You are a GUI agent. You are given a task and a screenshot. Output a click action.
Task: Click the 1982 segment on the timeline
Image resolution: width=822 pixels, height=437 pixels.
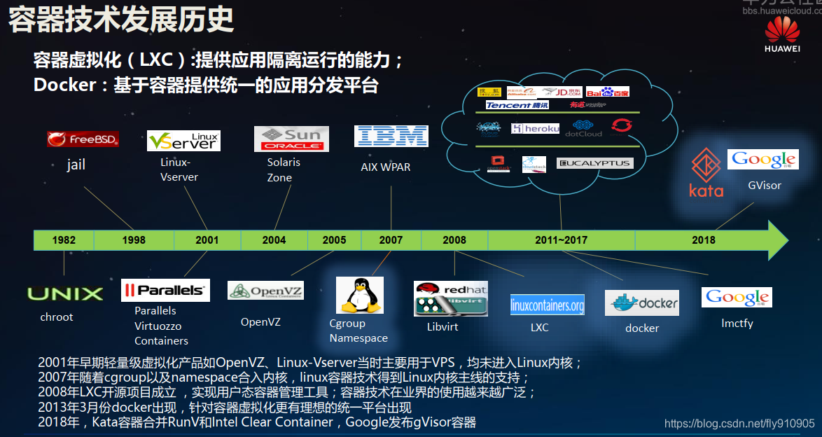pyautogui.click(x=64, y=240)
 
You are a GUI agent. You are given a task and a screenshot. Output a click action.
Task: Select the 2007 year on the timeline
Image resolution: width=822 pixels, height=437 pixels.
pyautogui.click(x=391, y=240)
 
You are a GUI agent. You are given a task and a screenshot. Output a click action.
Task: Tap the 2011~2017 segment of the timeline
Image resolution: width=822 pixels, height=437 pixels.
pyautogui.click(x=561, y=240)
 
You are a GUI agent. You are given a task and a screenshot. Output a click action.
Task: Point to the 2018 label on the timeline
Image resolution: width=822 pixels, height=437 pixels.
pyautogui.click(x=704, y=240)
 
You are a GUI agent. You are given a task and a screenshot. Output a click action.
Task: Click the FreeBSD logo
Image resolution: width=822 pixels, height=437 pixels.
pyautogui.click(x=83, y=139)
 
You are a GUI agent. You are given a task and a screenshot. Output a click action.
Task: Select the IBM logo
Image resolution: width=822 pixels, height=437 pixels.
pyautogui.click(x=391, y=136)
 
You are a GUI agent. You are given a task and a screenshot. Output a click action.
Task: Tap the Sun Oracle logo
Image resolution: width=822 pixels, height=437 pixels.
pyautogui.click(x=291, y=139)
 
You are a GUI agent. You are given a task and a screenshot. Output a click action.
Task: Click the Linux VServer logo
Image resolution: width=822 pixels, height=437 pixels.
pyautogui.click(x=183, y=141)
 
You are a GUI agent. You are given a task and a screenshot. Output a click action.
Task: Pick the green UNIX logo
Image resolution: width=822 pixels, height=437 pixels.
pyautogui.click(x=65, y=293)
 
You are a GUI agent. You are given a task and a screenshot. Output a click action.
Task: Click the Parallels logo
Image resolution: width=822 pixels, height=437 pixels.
pyautogui.click(x=165, y=290)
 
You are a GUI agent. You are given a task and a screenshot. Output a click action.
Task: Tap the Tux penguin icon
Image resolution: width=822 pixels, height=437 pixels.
pyautogui.click(x=360, y=295)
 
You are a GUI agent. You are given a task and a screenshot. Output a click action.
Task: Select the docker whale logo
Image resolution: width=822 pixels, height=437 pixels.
pyautogui.click(x=642, y=303)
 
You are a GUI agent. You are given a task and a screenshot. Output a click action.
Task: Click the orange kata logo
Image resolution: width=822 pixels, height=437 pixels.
pyautogui.click(x=706, y=172)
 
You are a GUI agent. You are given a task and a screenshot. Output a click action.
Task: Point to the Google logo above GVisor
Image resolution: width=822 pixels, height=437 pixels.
pyautogui.click(x=762, y=160)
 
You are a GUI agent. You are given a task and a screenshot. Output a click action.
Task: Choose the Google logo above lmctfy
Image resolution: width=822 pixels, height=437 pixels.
pyautogui.click(x=737, y=298)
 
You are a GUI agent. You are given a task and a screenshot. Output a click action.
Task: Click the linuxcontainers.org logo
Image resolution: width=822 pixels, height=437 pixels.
pyautogui.click(x=547, y=305)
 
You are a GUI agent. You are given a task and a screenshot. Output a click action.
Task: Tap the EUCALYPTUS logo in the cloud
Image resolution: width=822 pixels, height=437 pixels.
pyautogui.click(x=594, y=163)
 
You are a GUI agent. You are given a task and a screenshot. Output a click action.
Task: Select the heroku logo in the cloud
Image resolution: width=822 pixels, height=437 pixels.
pyautogui.click(x=536, y=129)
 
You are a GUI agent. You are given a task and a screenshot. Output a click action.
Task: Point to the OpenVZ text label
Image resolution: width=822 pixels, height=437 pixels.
pyautogui.click(x=260, y=322)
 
